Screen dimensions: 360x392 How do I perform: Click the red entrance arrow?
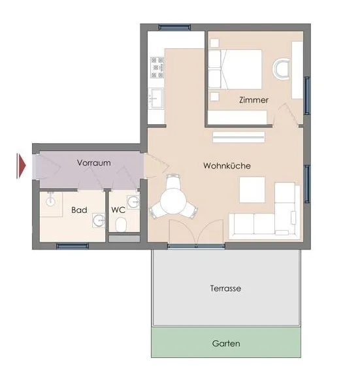[x=22, y=166]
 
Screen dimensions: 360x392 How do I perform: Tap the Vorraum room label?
[x=93, y=163]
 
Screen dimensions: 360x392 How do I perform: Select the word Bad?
[x=79, y=210]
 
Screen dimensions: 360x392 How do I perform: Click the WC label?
[x=118, y=210]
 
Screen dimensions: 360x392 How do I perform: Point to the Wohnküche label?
[x=227, y=165]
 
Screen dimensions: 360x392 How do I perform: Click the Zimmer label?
[x=254, y=100]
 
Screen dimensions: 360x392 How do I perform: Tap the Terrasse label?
[x=225, y=288]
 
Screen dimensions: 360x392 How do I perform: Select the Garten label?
[x=226, y=343]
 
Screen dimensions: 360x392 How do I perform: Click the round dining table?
[x=173, y=201]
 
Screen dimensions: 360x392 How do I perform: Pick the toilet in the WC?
[x=121, y=224]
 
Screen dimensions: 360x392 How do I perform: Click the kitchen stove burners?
[x=157, y=67]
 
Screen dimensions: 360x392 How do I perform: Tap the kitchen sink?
[x=155, y=98]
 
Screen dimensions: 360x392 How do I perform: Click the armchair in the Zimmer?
[x=281, y=69]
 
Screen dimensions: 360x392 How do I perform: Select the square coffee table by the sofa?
[x=252, y=189]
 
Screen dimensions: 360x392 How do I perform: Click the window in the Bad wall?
[x=73, y=246]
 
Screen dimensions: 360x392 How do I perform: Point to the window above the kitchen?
[x=174, y=27]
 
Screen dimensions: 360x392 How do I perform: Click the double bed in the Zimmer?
[x=235, y=69]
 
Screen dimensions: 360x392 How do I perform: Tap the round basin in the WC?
[x=133, y=201]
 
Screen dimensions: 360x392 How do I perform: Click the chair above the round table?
[x=173, y=181]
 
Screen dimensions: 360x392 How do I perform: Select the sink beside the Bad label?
[x=99, y=220]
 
